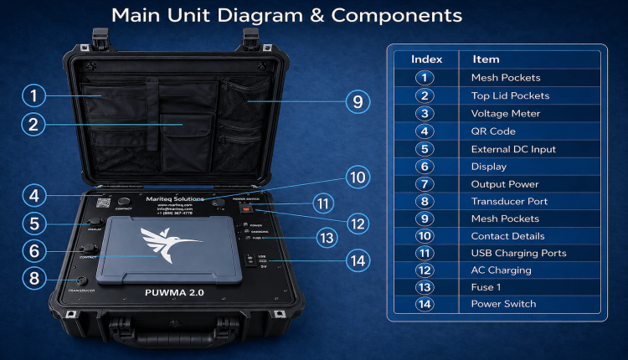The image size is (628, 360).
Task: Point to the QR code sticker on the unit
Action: pyautogui.click(x=104, y=202)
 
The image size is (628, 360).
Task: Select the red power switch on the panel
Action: pyautogui.click(x=247, y=208)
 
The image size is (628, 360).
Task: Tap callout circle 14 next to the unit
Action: pyautogui.click(x=358, y=260)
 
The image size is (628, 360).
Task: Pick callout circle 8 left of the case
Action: pyautogui.click(x=33, y=277)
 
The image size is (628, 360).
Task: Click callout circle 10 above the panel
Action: pyautogui.click(x=358, y=177)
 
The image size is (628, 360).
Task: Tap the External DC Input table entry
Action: pyautogui.click(x=513, y=149)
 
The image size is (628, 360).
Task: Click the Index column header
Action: pyautogui.click(x=426, y=59)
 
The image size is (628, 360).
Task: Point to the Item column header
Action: pyautogui.click(x=486, y=59)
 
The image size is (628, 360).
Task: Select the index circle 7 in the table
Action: pyautogui.click(x=426, y=183)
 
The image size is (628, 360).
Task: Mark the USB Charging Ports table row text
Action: pyautogui.click(x=518, y=253)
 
